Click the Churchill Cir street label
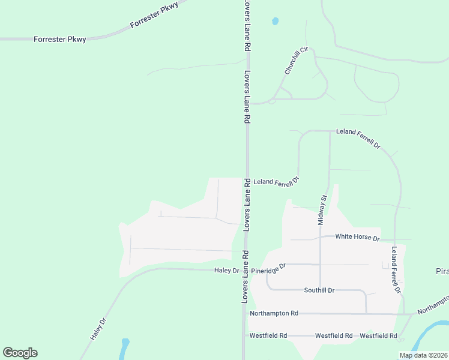(x=296, y=61)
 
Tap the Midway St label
(x=322, y=209)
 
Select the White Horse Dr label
(x=357, y=238)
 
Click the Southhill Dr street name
(x=319, y=290)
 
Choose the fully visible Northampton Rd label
(x=274, y=313)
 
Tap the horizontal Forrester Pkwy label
(x=60, y=40)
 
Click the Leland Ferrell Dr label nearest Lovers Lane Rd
(x=276, y=181)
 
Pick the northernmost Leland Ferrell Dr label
(x=358, y=137)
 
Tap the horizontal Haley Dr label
(x=227, y=271)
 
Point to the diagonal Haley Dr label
(x=98, y=329)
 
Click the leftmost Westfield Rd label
(x=268, y=335)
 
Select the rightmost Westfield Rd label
(x=379, y=335)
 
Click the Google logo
(x=20, y=353)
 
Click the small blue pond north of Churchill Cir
(x=275, y=21)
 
